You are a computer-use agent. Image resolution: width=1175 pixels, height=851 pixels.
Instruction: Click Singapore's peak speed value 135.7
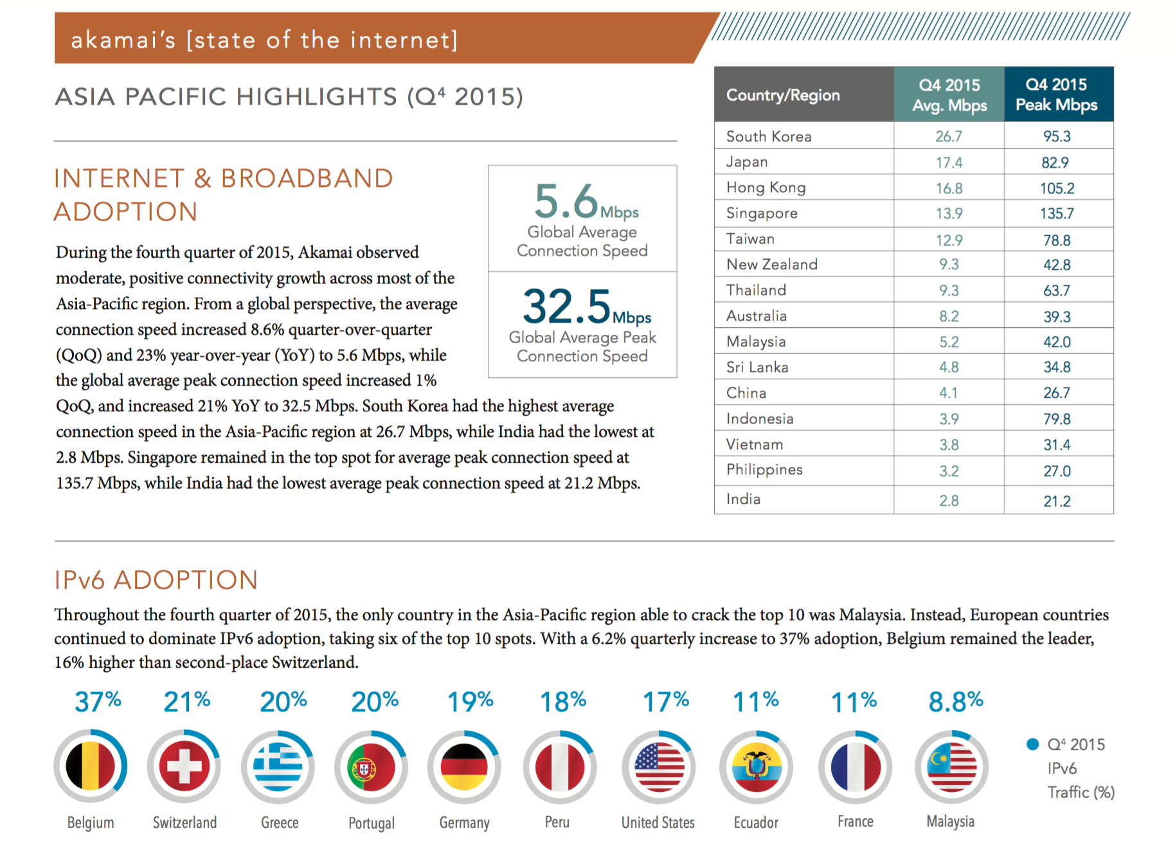pos(1057,213)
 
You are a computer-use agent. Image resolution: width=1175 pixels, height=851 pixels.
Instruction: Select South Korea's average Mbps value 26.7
pos(949,136)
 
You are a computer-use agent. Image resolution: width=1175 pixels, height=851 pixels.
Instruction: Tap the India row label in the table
pos(743,499)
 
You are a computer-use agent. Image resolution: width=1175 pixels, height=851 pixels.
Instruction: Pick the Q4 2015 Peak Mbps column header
pos(1057,94)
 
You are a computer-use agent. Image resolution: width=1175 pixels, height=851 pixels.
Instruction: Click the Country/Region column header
pos(783,95)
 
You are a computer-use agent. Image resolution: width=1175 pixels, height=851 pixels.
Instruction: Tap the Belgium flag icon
pos(91,767)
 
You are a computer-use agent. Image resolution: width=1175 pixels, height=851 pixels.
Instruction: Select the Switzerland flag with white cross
pos(184,767)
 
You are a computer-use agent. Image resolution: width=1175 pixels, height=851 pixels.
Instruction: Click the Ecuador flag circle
pos(757,767)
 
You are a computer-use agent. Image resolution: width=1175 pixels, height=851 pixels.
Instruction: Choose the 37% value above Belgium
pos(98,702)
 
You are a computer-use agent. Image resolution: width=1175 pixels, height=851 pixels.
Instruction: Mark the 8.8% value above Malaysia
pos(955,702)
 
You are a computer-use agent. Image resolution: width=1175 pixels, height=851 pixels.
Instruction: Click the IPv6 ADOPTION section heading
pos(156,580)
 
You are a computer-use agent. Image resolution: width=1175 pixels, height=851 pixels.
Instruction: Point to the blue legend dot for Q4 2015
pos(1033,744)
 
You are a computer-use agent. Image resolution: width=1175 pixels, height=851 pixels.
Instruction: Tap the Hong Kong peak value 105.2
pos(1057,188)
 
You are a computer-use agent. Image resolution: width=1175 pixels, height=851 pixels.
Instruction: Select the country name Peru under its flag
pos(557,822)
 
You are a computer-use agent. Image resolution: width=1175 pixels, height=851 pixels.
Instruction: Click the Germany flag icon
pos(464,767)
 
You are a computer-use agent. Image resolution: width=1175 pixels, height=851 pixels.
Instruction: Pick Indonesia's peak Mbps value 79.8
pos(1057,419)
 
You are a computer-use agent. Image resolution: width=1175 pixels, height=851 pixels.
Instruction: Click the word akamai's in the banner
pos(123,40)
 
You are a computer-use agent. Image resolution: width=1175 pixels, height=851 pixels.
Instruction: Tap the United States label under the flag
pos(658,823)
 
